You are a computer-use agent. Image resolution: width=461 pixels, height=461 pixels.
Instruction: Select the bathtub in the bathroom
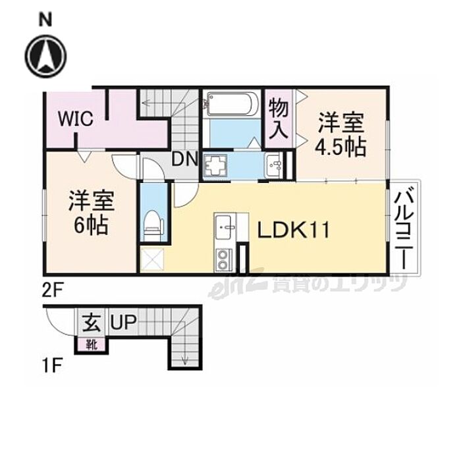click(230, 104)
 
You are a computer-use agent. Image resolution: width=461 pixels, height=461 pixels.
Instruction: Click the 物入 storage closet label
click(279, 118)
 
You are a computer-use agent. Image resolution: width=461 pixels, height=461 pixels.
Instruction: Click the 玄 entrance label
click(91, 324)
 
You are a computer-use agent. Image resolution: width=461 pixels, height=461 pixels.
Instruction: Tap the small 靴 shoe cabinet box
click(91, 343)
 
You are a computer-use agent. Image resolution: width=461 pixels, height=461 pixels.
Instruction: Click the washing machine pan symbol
click(215, 165)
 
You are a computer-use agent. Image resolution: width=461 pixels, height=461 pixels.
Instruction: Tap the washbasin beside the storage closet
click(276, 165)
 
